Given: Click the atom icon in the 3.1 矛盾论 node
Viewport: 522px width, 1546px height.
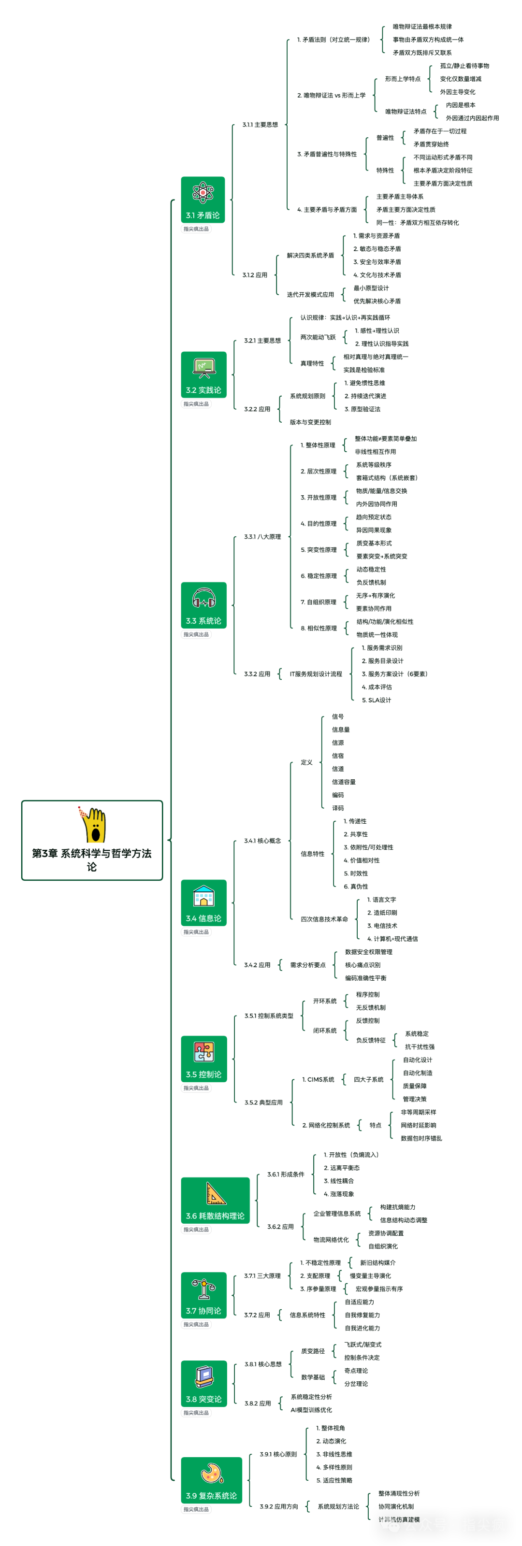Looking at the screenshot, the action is coord(203,193).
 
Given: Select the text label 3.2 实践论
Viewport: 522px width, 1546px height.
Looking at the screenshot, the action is coord(203,390).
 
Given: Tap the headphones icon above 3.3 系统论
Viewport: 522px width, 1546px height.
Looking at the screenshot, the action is coord(203,599).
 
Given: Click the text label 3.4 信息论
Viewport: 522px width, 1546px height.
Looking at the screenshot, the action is coord(203,918).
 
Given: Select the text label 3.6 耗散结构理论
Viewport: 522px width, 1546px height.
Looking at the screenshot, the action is coord(215,1216).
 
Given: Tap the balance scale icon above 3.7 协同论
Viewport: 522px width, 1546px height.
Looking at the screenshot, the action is coord(203,1288).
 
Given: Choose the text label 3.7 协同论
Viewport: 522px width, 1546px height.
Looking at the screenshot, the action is coord(203,1311).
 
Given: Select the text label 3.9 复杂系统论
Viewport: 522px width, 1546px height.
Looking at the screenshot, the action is coord(211,1496).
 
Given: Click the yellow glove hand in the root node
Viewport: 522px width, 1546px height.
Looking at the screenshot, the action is coord(93,825).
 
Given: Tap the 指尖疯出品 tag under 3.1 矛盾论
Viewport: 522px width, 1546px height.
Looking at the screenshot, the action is coord(196,229).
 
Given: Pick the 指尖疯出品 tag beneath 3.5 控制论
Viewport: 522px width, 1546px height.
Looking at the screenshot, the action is coord(196,1088).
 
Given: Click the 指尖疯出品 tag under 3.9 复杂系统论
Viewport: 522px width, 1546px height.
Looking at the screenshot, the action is coord(196,1509).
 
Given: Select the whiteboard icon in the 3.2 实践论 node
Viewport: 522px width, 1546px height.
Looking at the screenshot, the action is coord(203,367).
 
